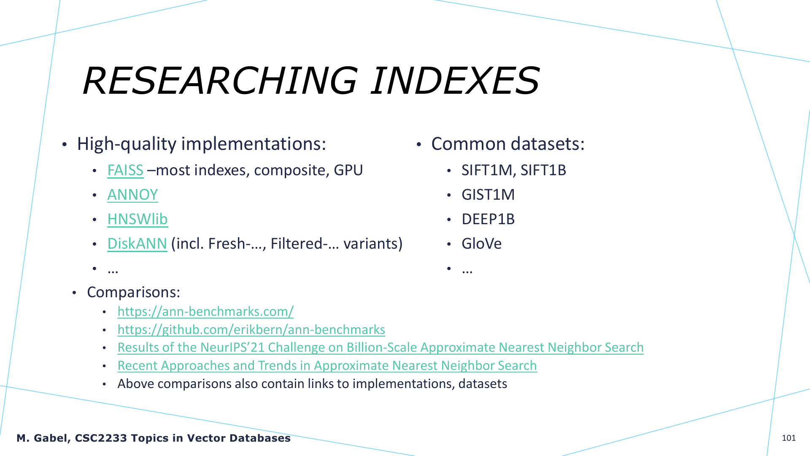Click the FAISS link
click(x=125, y=170)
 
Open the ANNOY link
click(x=132, y=195)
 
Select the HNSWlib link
click(x=138, y=219)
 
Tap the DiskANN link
click(x=137, y=244)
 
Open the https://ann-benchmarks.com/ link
click(x=205, y=312)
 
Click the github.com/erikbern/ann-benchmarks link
click(x=251, y=330)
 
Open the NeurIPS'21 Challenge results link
click(x=381, y=347)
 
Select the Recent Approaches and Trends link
click(x=327, y=366)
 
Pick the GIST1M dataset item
click(x=488, y=195)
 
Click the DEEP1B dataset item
click(x=488, y=219)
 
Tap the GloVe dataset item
click(x=481, y=244)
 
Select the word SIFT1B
click(x=543, y=170)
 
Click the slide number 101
click(x=789, y=438)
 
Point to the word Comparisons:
click(x=133, y=292)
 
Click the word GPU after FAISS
click(x=348, y=170)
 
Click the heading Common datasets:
click(x=508, y=144)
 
